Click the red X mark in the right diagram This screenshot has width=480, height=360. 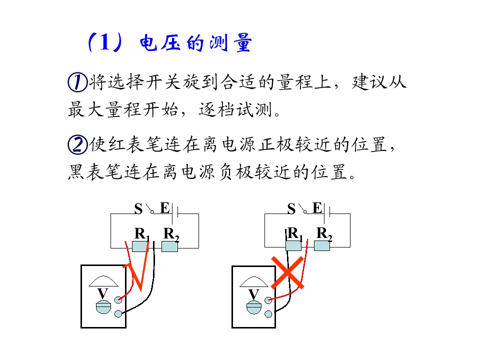pyautogui.click(x=287, y=273)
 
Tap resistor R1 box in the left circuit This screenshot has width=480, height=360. pyautogui.click(x=140, y=246)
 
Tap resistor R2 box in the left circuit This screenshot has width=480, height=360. pyautogui.click(x=169, y=246)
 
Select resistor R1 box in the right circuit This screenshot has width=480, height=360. pyautogui.click(x=293, y=245)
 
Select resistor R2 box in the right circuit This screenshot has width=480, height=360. pyautogui.click(x=322, y=245)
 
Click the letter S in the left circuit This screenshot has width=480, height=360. pyautogui.click(x=138, y=209)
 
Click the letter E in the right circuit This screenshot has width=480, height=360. pyautogui.click(x=317, y=208)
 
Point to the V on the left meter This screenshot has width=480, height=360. pyautogui.click(x=102, y=293)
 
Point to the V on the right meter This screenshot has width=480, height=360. pyautogui.click(x=253, y=294)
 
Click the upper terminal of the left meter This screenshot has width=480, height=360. pyautogui.click(x=118, y=299)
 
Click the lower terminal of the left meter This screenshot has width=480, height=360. pyautogui.click(x=118, y=313)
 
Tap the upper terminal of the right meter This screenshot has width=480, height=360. pyautogui.click(x=268, y=300)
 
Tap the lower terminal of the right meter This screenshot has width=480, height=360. pyautogui.click(x=268, y=314)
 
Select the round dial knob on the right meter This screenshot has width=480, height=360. pyautogui.click(x=254, y=307)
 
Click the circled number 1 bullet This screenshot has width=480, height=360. pyautogui.click(x=77, y=82)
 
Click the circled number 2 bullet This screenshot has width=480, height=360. pyautogui.click(x=77, y=144)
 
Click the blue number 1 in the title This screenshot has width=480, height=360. pyautogui.click(x=104, y=42)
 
